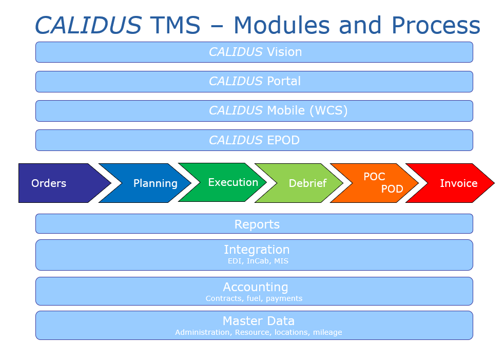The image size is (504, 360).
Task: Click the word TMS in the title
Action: pyautogui.click(x=175, y=25)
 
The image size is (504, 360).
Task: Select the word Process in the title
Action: pyautogui.click(x=436, y=25)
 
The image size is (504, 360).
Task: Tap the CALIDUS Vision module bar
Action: pyautogui.click(x=254, y=52)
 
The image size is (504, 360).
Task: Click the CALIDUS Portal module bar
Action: pyautogui.click(x=254, y=82)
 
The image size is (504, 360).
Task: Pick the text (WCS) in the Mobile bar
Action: pyautogui.click(x=328, y=110)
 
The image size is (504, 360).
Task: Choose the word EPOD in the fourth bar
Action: pyautogui.click(x=283, y=140)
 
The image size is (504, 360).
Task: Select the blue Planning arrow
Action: pyautogui.click(x=145, y=183)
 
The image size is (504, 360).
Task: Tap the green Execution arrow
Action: pyautogui.click(x=222, y=182)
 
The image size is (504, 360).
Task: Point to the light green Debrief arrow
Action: pyautogui.click(x=299, y=183)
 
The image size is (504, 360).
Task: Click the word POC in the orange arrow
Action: pyautogui.click(x=374, y=177)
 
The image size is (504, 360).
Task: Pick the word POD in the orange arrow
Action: pyautogui.click(x=392, y=189)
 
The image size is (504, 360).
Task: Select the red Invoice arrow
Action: pyautogui.click(x=450, y=183)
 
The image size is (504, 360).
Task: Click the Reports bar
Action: pyautogui.click(x=254, y=223)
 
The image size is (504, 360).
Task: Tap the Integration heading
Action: pyautogui.click(x=257, y=250)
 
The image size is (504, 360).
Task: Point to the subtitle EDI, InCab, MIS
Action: pyautogui.click(x=258, y=261)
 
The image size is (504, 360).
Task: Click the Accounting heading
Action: pyautogui.click(x=256, y=287)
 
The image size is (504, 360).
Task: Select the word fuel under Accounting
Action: pyautogui.click(x=254, y=298)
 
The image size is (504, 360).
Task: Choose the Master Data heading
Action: pyautogui.click(x=259, y=321)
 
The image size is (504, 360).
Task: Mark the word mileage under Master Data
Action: pyautogui.click(x=327, y=332)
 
